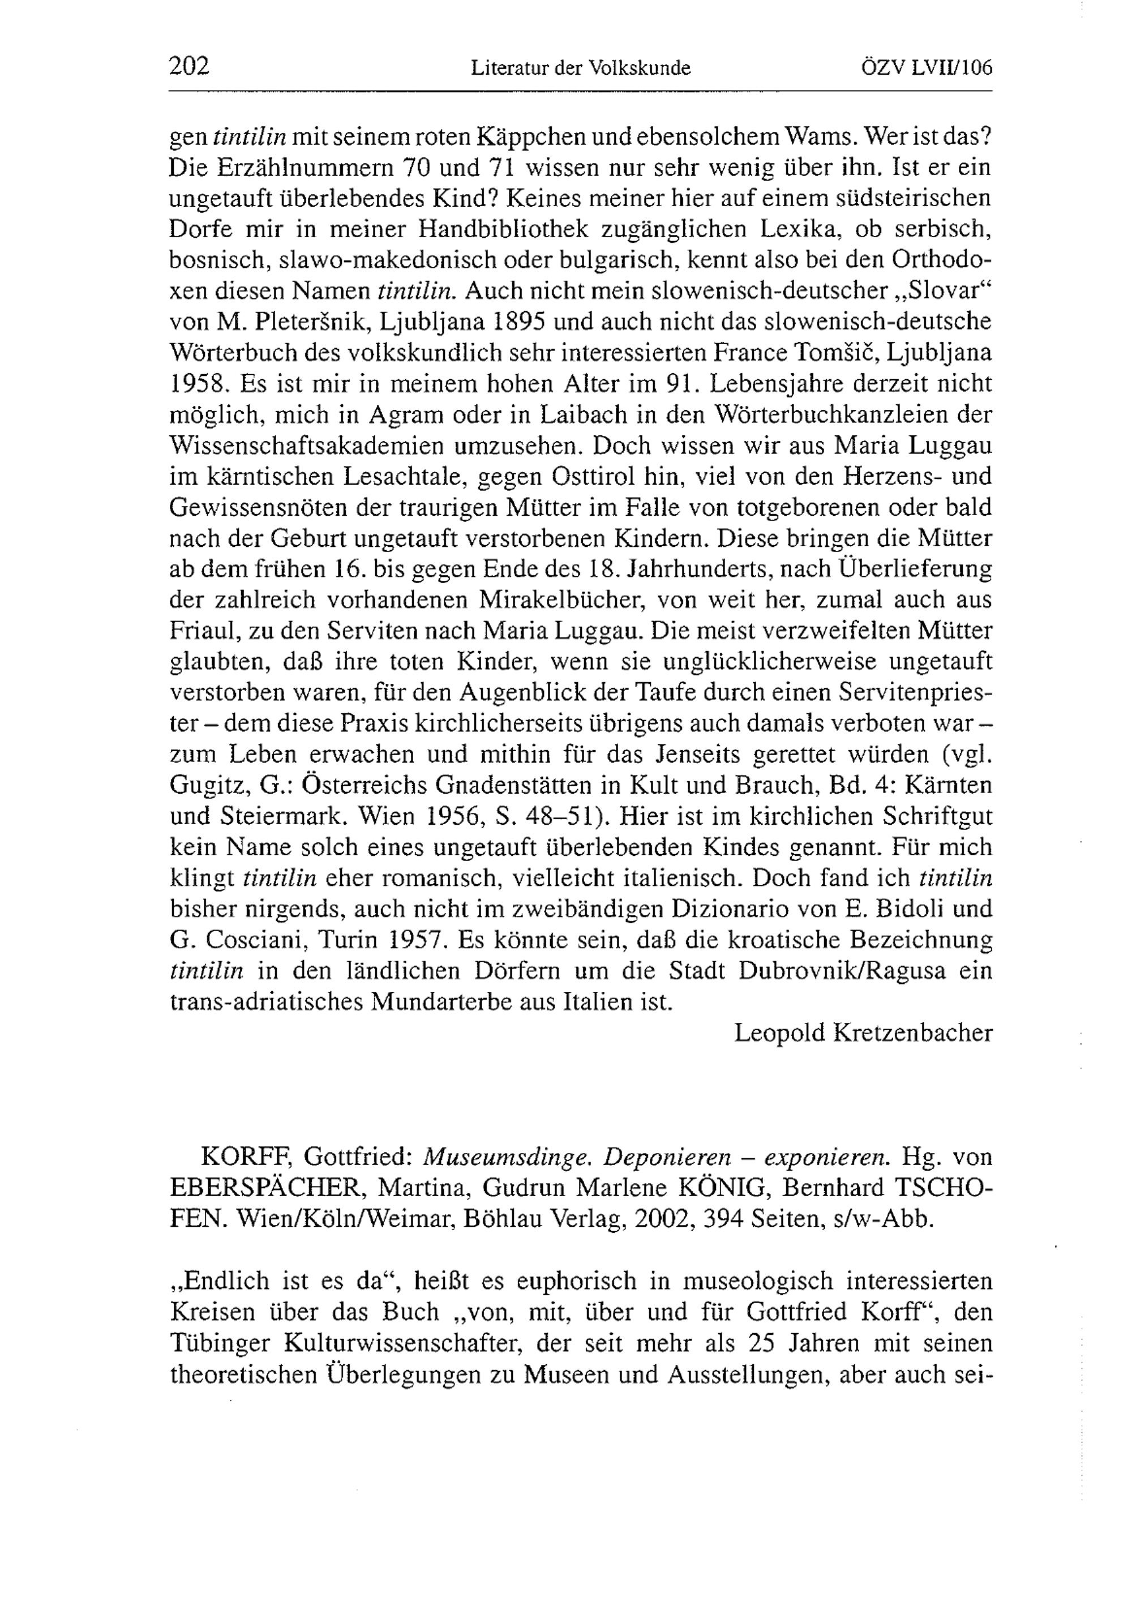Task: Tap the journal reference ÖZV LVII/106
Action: coord(928,68)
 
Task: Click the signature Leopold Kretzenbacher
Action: coord(863,1033)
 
